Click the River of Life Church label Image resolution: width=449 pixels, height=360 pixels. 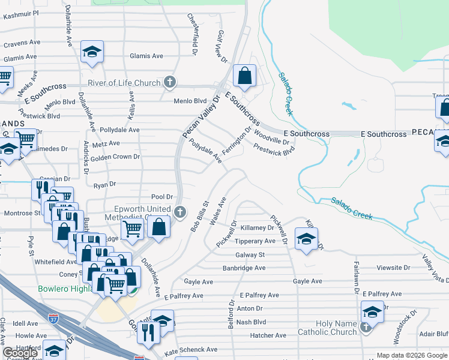(124, 83)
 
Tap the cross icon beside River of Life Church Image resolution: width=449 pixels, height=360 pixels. (170, 82)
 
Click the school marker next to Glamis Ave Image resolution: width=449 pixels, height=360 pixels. (92, 52)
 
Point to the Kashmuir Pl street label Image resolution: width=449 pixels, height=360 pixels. (20, 13)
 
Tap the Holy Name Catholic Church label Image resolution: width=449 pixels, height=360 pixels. (327, 328)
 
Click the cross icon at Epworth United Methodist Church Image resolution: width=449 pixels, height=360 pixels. (180, 211)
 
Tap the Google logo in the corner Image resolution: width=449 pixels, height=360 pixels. (20, 353)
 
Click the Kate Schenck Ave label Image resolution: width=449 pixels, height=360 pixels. (190, 349)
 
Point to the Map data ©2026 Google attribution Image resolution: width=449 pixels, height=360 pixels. (412, 355)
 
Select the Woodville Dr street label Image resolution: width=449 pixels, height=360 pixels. (272, 137)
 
